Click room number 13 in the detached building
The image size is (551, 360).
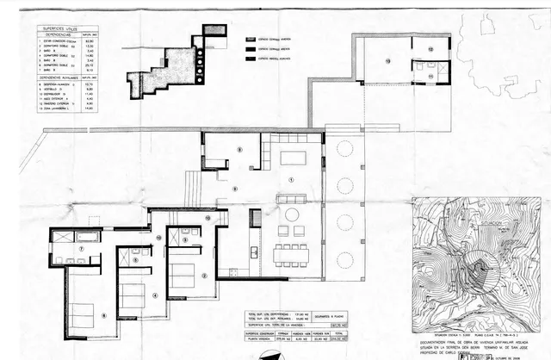click(x=387, y=61)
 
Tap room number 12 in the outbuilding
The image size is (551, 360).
click(x=430, y=49)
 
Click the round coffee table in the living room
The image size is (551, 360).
click(x=292, y=214)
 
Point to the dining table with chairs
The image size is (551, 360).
click(x=291, y=254)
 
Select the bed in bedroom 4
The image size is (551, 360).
click(x=132, y=295)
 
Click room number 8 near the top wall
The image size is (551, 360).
click(x=239, y=150)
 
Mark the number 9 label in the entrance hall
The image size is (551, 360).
click(x=234, y=188)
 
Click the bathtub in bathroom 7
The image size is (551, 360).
click(x=65, y=235)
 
